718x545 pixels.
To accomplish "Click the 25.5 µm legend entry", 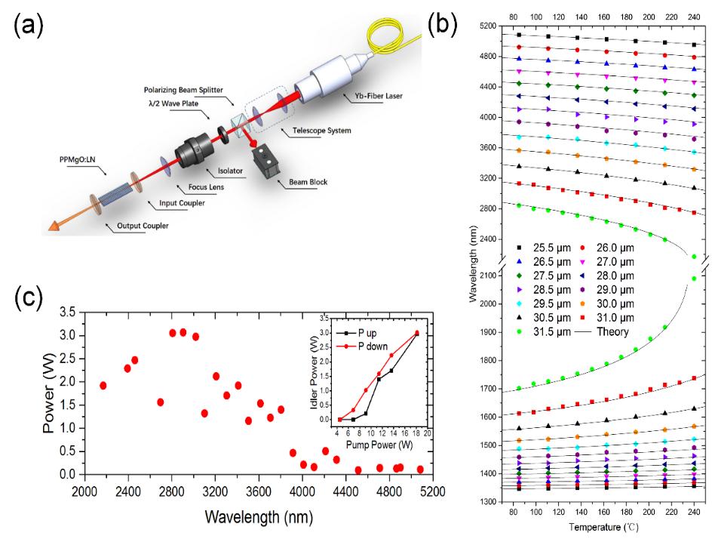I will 545,248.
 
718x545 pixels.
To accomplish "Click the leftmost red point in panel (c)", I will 103,386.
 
